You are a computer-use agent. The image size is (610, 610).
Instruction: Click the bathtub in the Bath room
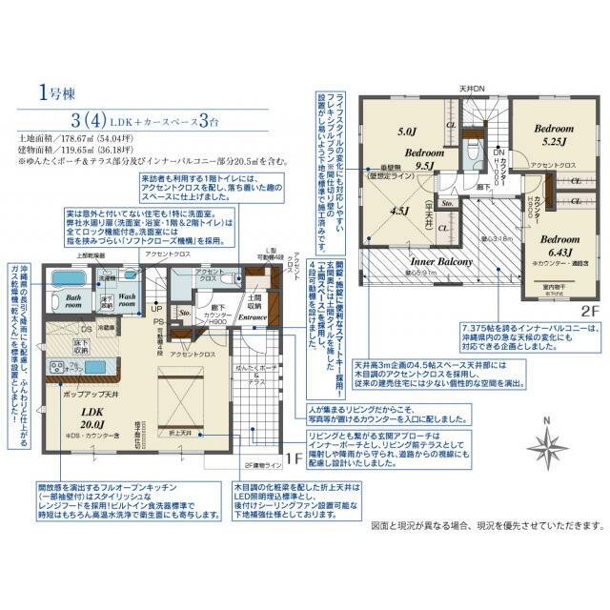pyautogui.click(x=69, y=282)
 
